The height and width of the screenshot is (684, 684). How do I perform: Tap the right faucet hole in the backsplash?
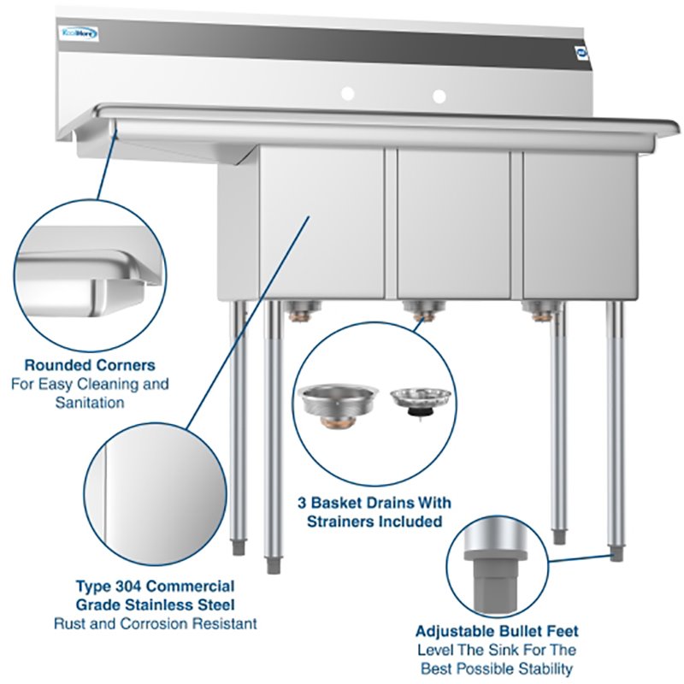pos(439,95)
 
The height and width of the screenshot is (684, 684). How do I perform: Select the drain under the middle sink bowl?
pos(418,310)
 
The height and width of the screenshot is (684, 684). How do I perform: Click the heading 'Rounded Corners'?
pos(90,365)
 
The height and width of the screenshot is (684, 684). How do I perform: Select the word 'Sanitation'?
pos(90,402)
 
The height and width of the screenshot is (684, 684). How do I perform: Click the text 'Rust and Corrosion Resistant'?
pos(155,623)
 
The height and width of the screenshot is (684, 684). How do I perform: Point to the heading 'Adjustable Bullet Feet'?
pos(497,631)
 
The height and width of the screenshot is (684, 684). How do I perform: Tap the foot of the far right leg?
pos(617,554)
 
